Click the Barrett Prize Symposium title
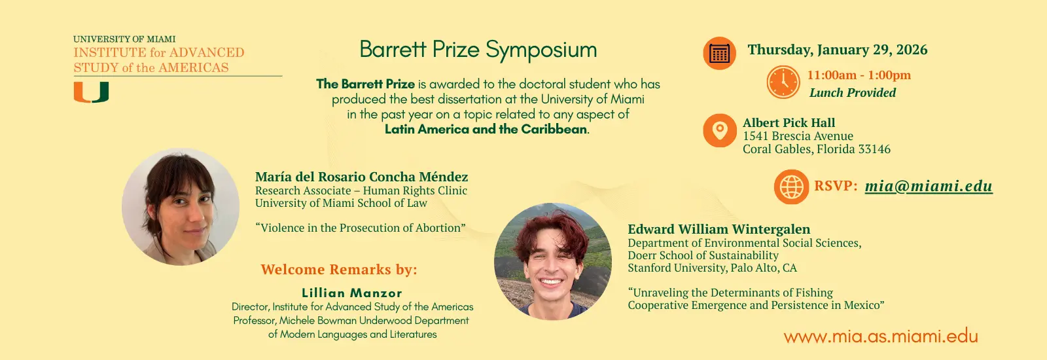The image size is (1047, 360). coord(478,50)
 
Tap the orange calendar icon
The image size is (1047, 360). coord(719,53)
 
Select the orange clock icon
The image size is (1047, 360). coord(783,82)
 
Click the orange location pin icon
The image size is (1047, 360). coord(719,130)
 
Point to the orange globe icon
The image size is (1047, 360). coord(790,187)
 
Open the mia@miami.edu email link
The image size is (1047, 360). coord(928,186)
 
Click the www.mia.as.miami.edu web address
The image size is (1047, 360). coord(880,336)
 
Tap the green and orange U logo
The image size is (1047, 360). coord(91,92)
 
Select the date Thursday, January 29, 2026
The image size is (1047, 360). coord(837,50)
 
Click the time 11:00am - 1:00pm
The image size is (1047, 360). coord(859,75)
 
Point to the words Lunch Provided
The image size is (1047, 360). coord(852,93)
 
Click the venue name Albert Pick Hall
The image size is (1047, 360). coord(789,123)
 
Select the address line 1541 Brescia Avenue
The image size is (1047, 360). coord(798,136)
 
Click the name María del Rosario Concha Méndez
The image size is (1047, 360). coord(361,177)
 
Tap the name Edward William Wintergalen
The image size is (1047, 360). coord(719,229)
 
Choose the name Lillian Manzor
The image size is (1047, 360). coord(352,293)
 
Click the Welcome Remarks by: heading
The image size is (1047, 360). coord(338,270)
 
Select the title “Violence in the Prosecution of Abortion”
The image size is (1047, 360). coord(360,228)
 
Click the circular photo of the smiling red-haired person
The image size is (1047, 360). coord(552,261)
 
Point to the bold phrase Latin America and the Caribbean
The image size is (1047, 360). coord(486,130)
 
